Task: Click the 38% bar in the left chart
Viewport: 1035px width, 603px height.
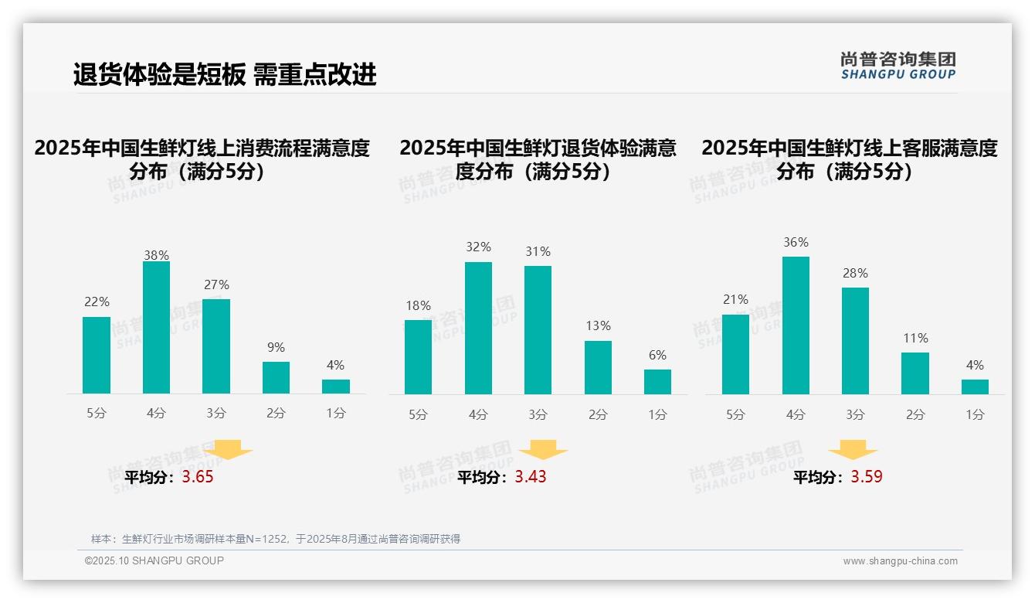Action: coord(156,328)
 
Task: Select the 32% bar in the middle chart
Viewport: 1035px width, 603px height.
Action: coord(478,328)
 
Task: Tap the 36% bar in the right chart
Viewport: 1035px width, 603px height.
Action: coord(796,325)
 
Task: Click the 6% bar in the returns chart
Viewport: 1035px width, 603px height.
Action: coord(657,382)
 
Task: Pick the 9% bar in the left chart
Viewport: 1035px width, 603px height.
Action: coord(276,378)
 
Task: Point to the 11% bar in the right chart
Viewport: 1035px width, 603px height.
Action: coord(915,373)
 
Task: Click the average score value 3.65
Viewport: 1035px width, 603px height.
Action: coord(198,477)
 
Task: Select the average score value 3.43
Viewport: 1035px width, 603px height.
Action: coord(531,477)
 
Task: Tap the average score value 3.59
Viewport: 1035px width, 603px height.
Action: coord(867,477)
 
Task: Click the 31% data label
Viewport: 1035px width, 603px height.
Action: coord(538,252)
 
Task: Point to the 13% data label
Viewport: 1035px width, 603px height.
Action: coord(598,326)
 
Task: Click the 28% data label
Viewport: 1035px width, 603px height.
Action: coord(855,274)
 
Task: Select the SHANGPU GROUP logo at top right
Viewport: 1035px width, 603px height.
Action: coord(898,66)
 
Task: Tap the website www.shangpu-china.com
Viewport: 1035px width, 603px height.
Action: coord(900,561)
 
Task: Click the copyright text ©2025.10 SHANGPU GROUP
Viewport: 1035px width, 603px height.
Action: coord(154,560)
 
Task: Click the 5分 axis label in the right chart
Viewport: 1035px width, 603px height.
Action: coord(735,415)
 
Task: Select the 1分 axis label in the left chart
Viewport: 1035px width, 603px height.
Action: coord(336,414)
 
